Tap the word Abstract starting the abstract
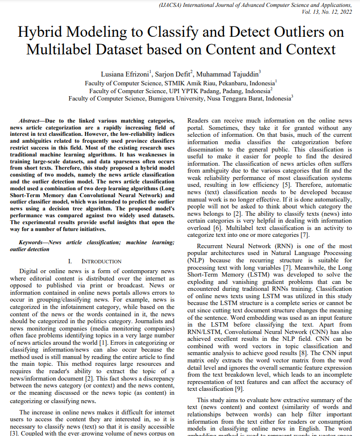tap(29, 121)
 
